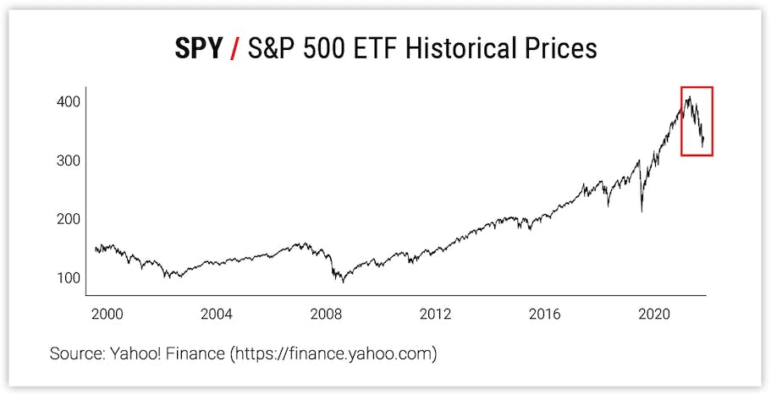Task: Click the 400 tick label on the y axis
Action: pyautogui.click(x=69, y=102)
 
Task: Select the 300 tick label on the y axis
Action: pyautogui.click(x=69, y=161)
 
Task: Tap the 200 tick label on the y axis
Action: pyautogui.click(x=69, y=219)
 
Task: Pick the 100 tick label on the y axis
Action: pyautogui.click(x=69, y=278)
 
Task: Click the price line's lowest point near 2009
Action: pyautogui.click(x=343, y=282)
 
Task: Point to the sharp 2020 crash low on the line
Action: pyautogui.click(x=642, y=211)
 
